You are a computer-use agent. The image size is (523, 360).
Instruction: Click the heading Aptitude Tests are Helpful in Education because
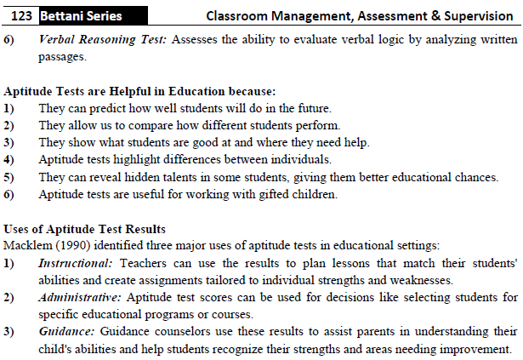(140, 91)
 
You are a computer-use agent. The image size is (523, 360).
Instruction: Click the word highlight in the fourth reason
(145, 158)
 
